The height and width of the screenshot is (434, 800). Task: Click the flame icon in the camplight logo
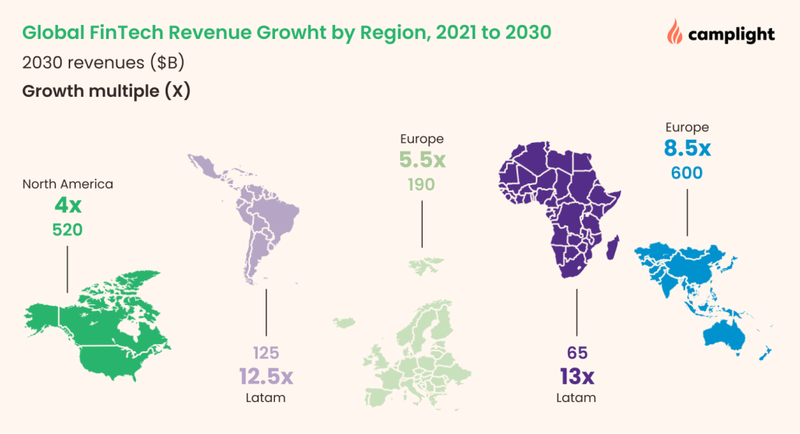[x=673, y=32]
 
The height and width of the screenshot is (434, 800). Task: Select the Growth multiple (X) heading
[x=106, y=91]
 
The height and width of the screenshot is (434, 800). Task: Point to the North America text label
[x=67, y=184]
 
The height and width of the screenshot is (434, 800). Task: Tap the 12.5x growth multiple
[x=266, y=376]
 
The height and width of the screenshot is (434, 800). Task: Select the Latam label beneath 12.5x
[x=266, y=399]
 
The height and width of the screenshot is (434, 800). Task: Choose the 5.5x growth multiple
[x=422, y=161]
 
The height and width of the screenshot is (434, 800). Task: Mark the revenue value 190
[x=422, y=185]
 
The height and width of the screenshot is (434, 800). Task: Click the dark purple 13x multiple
[x=577, y=376]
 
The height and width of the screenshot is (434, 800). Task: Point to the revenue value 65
[x=577, y=352]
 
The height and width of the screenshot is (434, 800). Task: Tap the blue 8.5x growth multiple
[x=687, y=148]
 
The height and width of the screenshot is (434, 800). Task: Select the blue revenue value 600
[x=687, y=173]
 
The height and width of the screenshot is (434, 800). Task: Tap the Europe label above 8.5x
[x=687, y=126]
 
